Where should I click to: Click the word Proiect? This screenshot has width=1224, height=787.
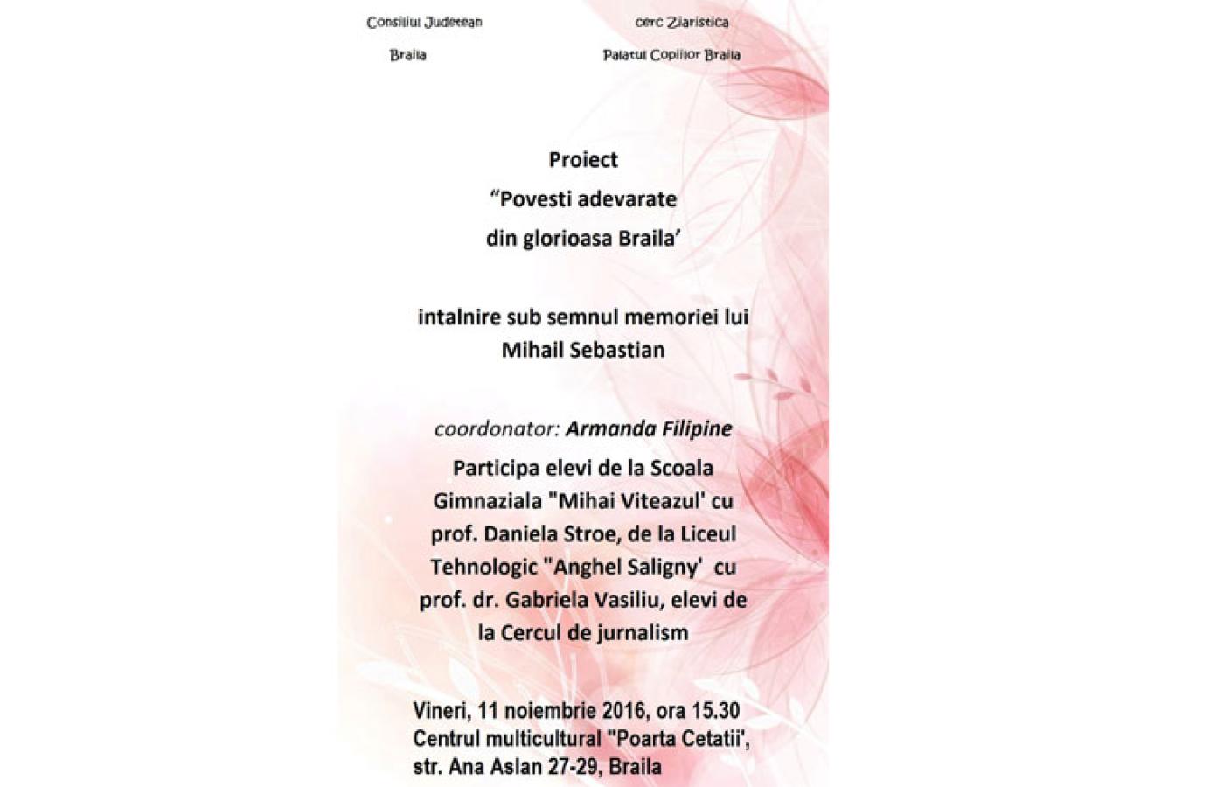[583, 160]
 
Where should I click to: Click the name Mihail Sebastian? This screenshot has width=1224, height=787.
[583, 350]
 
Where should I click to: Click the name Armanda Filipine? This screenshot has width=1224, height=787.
[649, 429]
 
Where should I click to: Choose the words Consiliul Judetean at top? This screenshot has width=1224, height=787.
[424, 22]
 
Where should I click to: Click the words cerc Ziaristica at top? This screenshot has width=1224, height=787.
[681, 22]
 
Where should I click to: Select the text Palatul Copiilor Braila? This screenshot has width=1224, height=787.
[671, 55]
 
